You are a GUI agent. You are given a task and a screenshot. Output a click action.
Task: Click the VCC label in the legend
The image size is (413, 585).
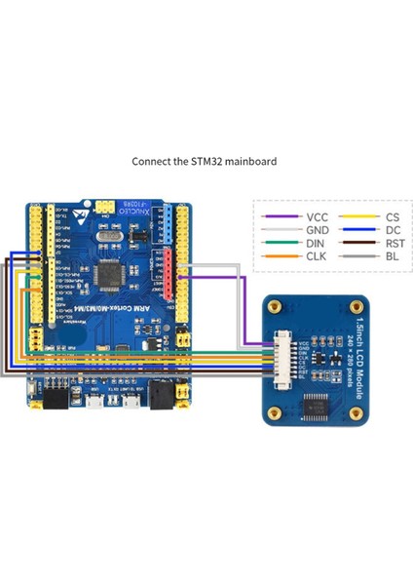click(317, 217)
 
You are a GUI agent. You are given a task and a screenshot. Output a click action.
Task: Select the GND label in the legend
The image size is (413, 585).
click(317, 232)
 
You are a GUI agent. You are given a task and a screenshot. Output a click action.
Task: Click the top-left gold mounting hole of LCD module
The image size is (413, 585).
click(275, 306)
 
